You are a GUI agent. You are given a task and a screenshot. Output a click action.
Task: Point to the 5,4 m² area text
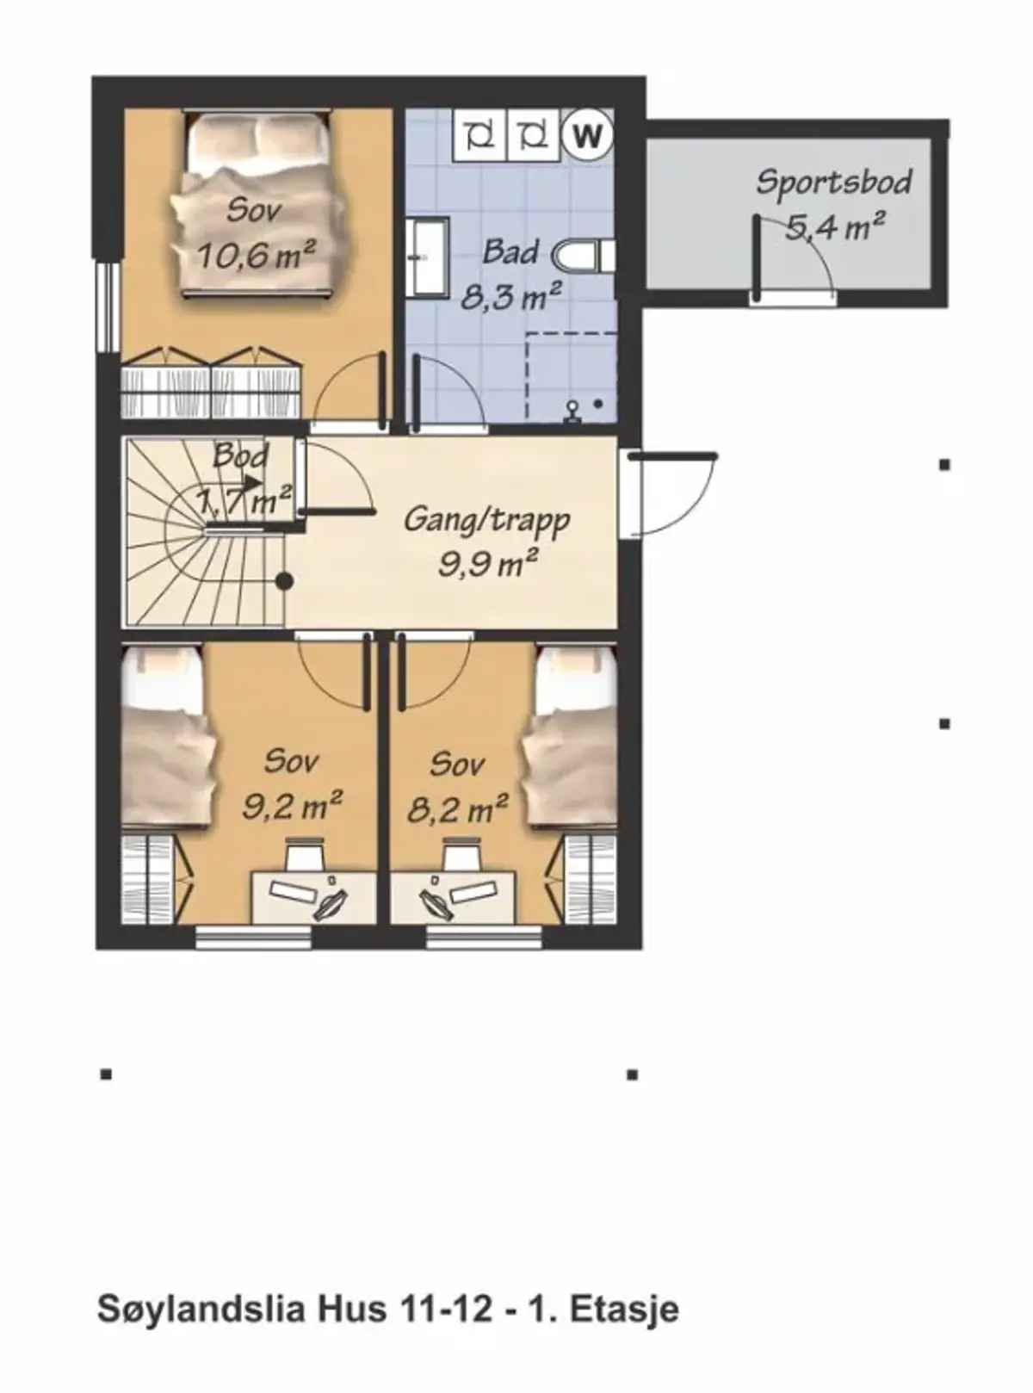(x=835, y=226)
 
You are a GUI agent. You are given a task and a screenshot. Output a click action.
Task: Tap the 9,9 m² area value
(x=488, y=564)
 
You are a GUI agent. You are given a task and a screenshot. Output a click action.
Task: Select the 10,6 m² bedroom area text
(x=256, y=254)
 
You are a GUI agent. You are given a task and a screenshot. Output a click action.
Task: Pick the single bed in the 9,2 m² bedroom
(x=169, y=737)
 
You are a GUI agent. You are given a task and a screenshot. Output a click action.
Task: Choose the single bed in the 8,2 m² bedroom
(x=570, y=737)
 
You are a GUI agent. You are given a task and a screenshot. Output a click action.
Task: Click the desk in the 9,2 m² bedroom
(x=313, y=897)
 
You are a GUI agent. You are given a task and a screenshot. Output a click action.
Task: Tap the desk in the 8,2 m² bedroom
(x=453, y=897)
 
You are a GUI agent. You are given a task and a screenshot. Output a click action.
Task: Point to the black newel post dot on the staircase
(x=285, y=582)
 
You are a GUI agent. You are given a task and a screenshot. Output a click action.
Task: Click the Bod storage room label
(x=241, y=456)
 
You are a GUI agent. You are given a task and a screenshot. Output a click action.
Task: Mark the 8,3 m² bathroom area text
(x=510, y=296)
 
